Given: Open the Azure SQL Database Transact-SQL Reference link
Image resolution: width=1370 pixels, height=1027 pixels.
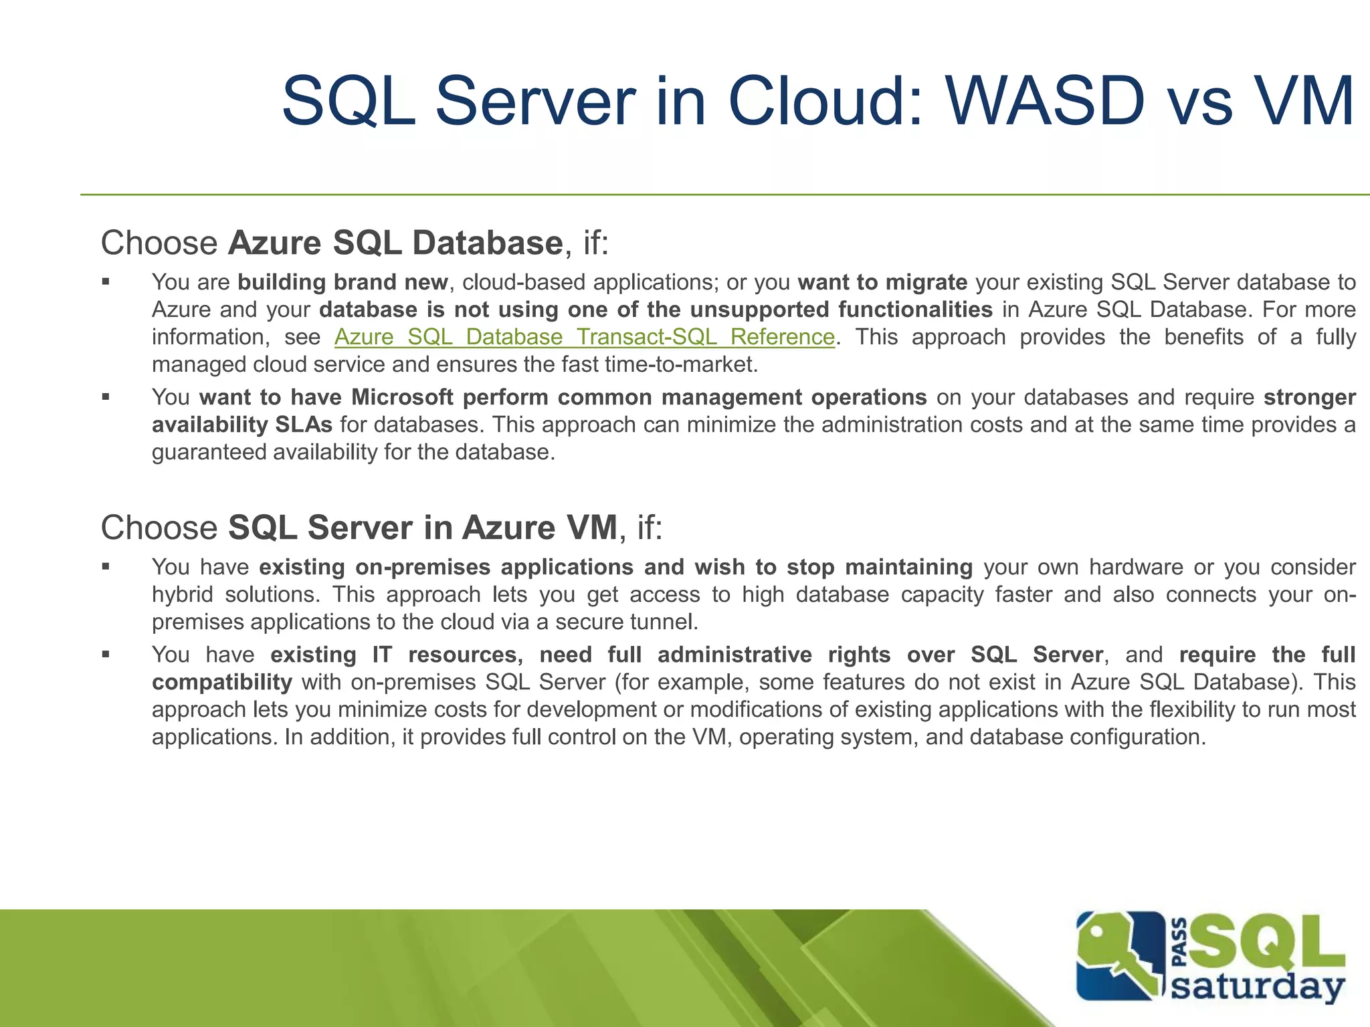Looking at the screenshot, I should (584, 336).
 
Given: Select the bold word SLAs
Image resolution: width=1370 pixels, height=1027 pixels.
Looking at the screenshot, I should (304, 425).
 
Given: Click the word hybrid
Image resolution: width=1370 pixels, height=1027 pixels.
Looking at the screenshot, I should (182, 594).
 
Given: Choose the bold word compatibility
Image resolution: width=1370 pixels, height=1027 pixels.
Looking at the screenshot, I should (222, 682).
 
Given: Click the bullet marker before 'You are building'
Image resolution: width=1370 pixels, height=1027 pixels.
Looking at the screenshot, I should (106, 282).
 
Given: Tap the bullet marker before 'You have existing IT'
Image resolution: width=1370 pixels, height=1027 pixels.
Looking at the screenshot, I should (106, 655).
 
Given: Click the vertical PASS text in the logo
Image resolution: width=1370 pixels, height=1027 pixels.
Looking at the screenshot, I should (1180, 943).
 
